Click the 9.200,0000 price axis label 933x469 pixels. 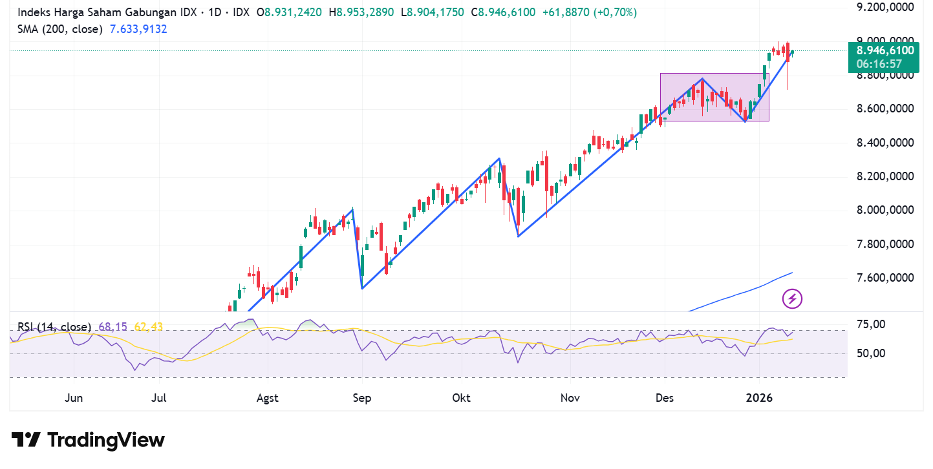pyautogui.click(x=885, y=8)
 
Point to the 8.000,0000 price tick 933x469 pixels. pyautogui.click(x=885, y=210)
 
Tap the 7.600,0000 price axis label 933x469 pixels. pyautogui.click(x=885, y=278)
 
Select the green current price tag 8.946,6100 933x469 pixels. pyautogui.click(x=885, y=51)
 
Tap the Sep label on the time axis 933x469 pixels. pyautogui.click(x=362, y=398)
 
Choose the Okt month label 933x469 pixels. pyautogui.click(x=462, y=398)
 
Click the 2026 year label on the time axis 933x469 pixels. pyautogui.click(x=759, y=398)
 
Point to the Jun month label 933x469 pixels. pyautogui.click(x=74, y=398)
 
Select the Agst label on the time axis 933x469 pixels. pyautogui.click(x=267, y=398)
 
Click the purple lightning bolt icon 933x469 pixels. pyautogui.click(x=792, y=298)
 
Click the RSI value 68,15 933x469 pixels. pyautogui.click(x=113, y=327)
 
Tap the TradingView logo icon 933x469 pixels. pyautogui.click(x=27, y=440)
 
